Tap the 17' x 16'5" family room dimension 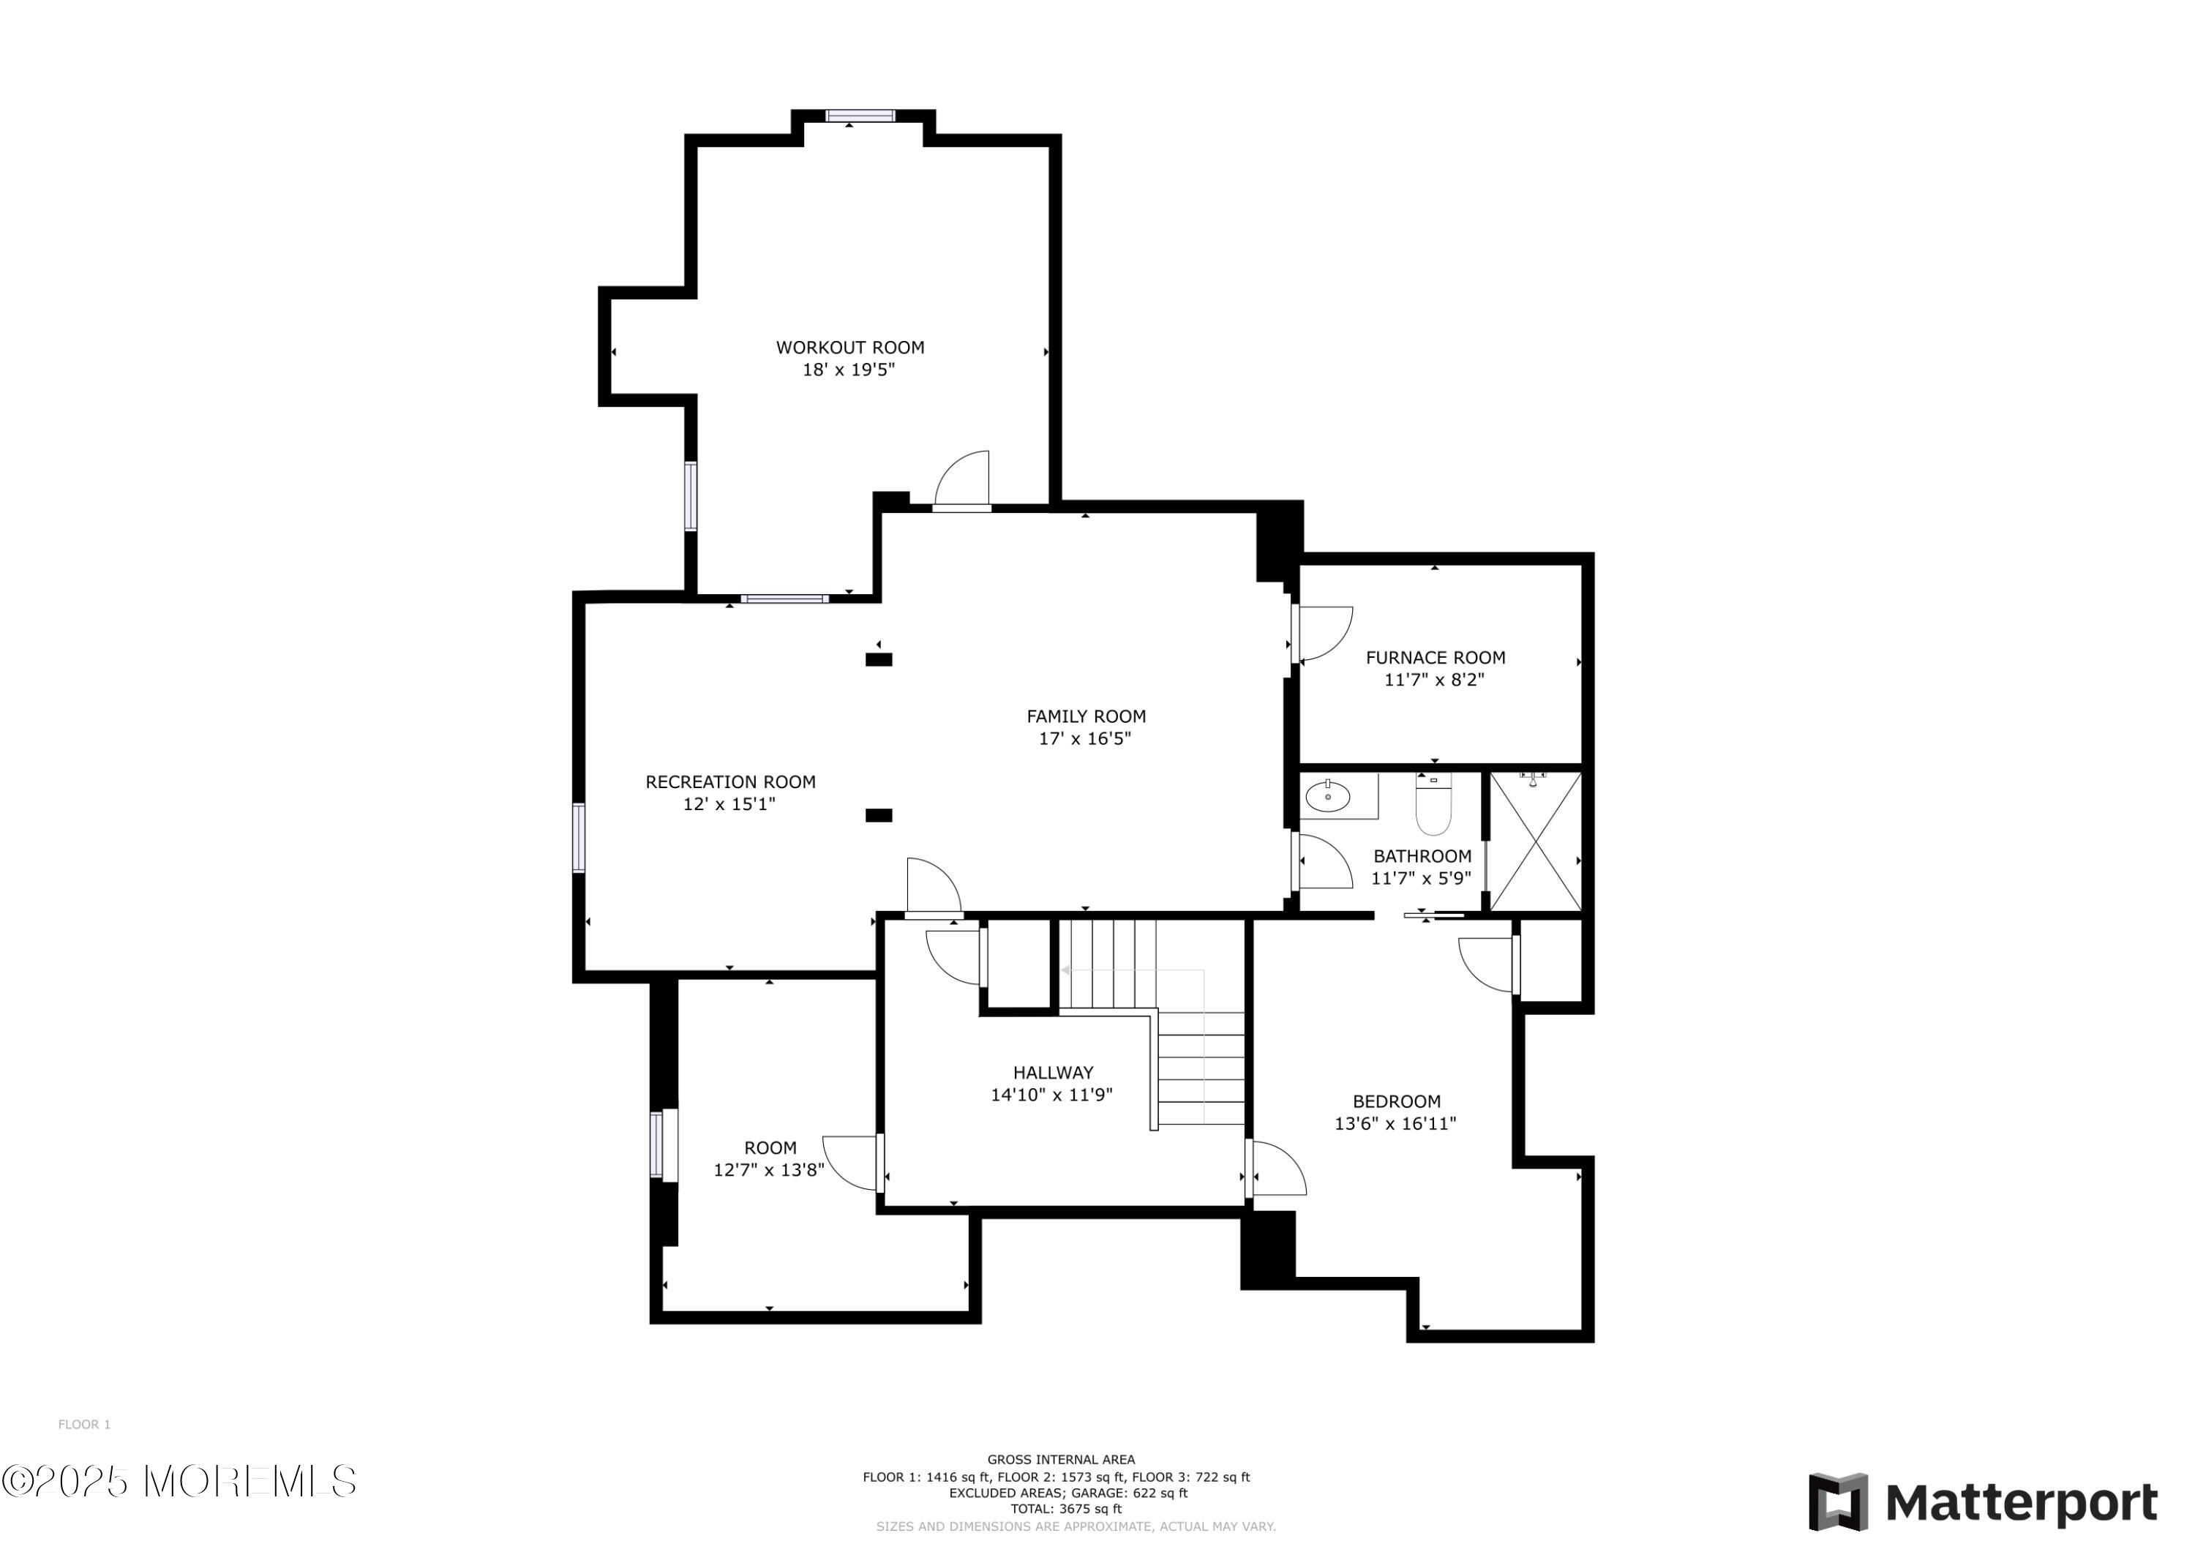pyautogui.click(x=1084, y=738)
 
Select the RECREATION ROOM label pyautogui.click(x=730, y=782)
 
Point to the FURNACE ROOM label pyautogui.click(x=1435, y=658)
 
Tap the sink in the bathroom pyautogui.click(x=1327, y=795)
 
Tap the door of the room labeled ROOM pyautogui.click(x=851, y=1162)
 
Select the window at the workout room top pyautogui.click(x=860, y=116)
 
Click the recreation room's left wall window pyautogui.click(x=579, y=838)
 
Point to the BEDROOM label pyautogui.click(x=1396, y=1101)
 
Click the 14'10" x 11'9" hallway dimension pyautogui.click(x=1051, y=1095)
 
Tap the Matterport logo pyautogui.click(x=1984, y=1502)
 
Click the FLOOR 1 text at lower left pyautogui.click(x=84, y=1425)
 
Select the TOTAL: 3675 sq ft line pyautogui.click(x=1066, y=1509)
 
